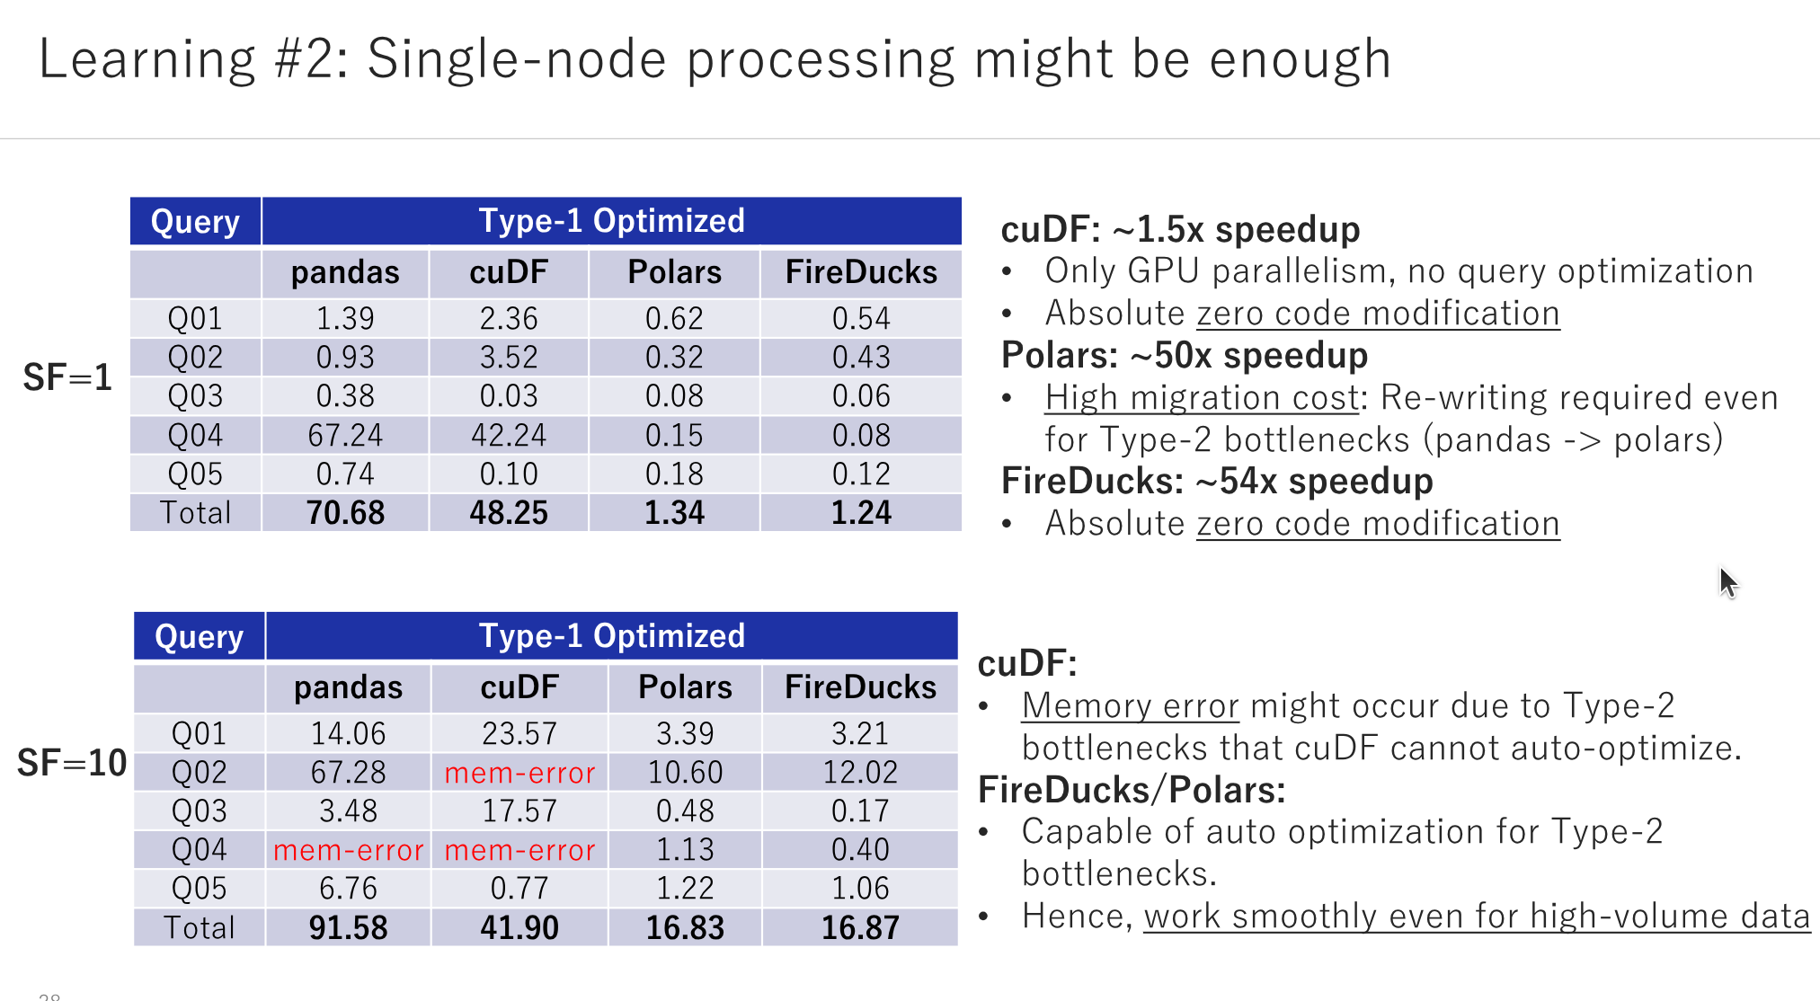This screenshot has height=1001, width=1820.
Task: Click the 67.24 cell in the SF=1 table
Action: click(x=345, y=436)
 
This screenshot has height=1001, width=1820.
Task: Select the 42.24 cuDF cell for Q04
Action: click(x=509, y=436)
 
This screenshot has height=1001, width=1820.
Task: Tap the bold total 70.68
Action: click(x=345, y=513)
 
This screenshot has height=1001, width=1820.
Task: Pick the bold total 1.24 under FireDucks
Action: click(x=861, y=513)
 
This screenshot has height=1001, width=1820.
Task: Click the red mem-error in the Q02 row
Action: click(x=519, y=773)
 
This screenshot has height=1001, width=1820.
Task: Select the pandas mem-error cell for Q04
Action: click(x=348, y=850)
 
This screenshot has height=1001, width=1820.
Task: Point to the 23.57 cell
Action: click(x=519, y=734)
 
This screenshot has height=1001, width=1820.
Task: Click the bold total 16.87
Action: click(x=860, y=928)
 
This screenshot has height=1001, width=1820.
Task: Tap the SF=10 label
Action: click(x=72, y=764)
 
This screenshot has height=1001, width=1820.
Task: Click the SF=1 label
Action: click(x=67, y=377)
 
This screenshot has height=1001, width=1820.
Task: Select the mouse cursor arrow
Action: click(x=1727, y=582)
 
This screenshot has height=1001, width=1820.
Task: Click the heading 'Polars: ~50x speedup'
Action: click(x=1184, y=356)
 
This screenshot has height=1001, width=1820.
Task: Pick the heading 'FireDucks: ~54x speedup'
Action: click(x=1216, y=482)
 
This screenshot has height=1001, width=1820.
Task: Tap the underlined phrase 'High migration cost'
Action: click(x=1202, y=398)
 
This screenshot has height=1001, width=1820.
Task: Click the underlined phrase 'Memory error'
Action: click(x=1130, y=706)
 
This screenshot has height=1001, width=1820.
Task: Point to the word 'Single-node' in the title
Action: click(x=517, y=60)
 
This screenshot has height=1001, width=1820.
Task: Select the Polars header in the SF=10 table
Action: click(x=685, y=687)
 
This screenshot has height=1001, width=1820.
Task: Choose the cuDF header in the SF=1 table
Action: click(x=509, y=272)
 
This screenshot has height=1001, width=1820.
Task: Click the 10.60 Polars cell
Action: click(x=685, y=773)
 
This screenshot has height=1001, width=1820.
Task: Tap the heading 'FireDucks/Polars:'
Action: click(x=1132, y=791)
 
